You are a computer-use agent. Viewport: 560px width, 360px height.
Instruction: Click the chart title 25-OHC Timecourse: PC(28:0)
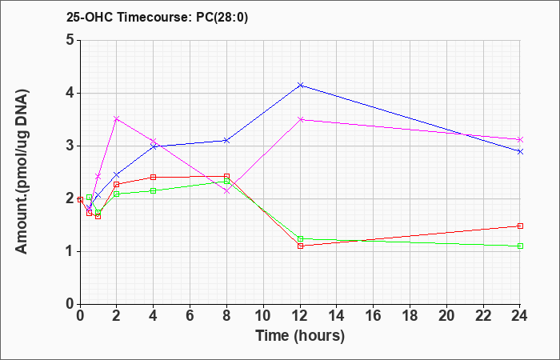[157, 17]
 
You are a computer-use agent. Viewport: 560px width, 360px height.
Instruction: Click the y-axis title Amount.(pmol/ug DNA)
[22, 172]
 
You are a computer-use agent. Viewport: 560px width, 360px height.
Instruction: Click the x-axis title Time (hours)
[300, 336]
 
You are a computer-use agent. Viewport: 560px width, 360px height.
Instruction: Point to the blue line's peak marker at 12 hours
[301, 85]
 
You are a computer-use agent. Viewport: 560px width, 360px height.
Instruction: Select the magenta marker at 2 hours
[117, 118]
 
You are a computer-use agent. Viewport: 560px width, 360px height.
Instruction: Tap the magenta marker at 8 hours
[226, 191]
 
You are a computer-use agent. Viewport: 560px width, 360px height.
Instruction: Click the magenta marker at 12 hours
[301, 119]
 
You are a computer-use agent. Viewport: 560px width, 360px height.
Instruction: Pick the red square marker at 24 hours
[520, 226]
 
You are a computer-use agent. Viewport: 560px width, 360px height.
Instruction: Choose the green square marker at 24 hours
[520, 246]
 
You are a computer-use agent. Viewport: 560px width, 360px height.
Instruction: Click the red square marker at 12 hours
[301, 246]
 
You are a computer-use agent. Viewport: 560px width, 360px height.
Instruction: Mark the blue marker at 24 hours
[520, 151]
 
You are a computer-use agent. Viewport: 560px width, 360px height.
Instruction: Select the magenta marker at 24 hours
[520, 139]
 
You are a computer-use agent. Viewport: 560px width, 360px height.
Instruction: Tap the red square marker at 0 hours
[80, 199]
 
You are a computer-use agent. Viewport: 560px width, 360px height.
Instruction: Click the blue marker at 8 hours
[226, 140]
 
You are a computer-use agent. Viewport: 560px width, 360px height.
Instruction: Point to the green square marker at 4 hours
[154, 190]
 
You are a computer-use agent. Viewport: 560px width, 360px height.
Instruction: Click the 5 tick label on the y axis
[70, 40]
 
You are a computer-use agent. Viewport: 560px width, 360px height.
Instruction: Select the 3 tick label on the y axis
[70, 146]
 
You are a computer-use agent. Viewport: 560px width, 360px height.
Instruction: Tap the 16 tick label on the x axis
[374, 315]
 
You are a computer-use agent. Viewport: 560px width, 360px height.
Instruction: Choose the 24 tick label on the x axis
[519, 315]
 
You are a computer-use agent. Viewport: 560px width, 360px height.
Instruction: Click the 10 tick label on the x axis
[263, 315]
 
